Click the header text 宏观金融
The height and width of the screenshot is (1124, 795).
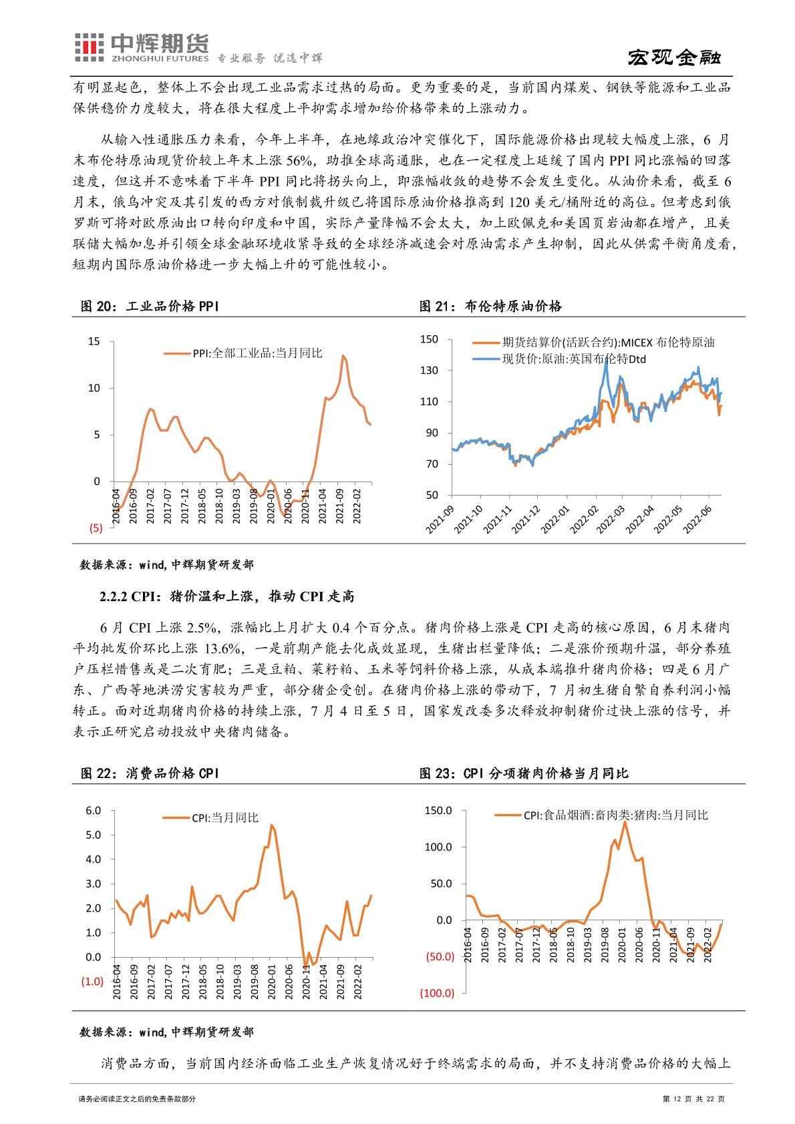point(675,57)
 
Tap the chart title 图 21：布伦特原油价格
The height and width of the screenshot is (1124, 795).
point(490,306)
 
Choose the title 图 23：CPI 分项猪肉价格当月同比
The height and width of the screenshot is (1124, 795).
point(524,773)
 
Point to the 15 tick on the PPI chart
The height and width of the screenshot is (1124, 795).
point(94,341)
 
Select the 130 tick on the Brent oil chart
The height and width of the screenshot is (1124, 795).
point(428,370)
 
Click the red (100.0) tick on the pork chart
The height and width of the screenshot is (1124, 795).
point(437,993)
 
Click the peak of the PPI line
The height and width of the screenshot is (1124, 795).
point(343,355)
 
